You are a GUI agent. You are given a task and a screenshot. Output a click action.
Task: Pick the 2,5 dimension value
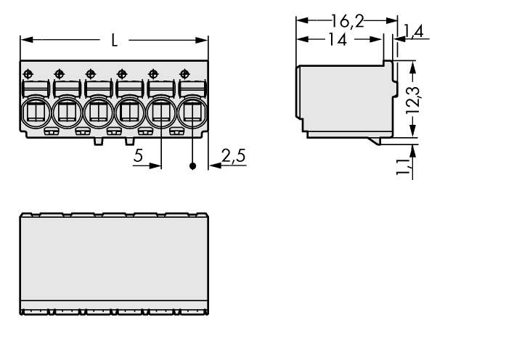(x=233, y=155)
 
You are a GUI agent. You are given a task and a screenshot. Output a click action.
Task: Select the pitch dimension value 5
(x=139, y=155)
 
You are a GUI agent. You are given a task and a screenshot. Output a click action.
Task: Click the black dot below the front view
(x=192, y=166)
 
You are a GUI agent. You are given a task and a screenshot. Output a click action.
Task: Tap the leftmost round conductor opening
(x=35, y=112)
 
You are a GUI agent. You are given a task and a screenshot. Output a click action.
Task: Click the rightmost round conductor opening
(x=192, y=112)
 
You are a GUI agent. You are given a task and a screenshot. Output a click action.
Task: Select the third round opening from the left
(x=98, y=112)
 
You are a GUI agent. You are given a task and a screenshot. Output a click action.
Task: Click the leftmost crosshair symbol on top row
(x=28, y=73)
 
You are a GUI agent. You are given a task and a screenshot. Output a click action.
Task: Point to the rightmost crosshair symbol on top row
(x=184, y=73)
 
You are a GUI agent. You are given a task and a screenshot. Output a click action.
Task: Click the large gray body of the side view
(x=341, y=98)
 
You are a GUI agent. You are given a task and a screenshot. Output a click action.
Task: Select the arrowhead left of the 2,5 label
(x=213, y=166)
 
